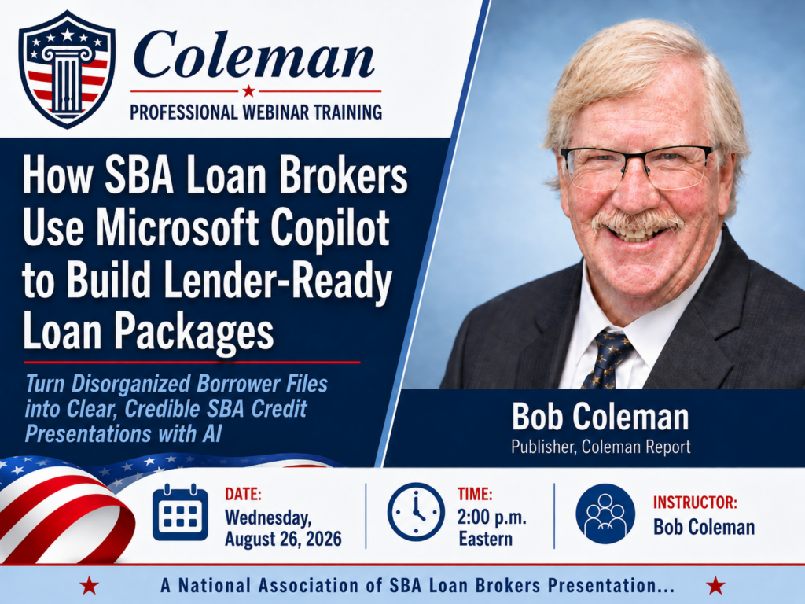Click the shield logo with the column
point(67,69)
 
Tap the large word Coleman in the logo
point(254,56)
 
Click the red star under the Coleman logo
point(249,91)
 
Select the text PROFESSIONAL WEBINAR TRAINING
point(255,112)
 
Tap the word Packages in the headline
point(194,333)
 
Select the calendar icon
point(180,512)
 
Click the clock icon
point(416,511)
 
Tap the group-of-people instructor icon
point(605,514)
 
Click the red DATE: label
point(244,494)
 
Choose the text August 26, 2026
point(283,539)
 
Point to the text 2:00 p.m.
point(492,517)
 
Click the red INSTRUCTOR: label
point(695,502)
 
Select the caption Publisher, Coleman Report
point(601,447)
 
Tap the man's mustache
point(638,220)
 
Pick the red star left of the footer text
point(90,585)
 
